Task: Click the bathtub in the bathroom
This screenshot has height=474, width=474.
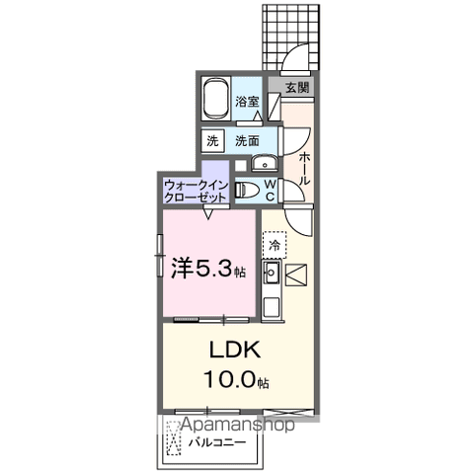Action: tap(215, 100)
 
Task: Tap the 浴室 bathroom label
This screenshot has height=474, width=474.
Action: tap(247, 101)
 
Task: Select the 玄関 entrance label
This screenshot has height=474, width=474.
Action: tap(297, 88)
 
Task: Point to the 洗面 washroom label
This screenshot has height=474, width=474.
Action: tap(247, 141)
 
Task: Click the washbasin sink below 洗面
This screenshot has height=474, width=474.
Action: tap(263, 164)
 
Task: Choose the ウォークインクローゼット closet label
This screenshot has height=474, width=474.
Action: tap(196, 191)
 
